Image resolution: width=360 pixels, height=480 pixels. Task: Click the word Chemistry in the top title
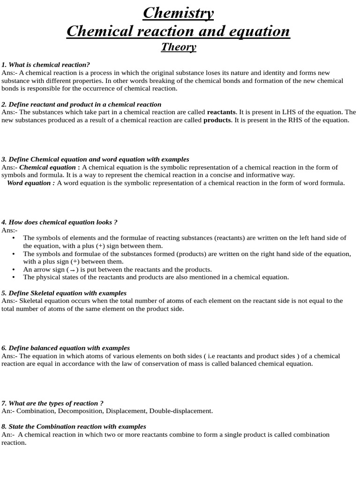pos(178,13)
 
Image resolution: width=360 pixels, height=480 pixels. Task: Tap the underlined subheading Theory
pos(179,47)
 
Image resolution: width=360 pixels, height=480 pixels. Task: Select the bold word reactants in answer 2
pos(221,112)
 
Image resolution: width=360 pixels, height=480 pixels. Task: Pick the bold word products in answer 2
pos(217,120)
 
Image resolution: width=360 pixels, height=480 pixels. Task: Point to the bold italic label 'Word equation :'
pos(31,183)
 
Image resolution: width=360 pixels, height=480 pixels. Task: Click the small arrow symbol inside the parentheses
pos(73,270)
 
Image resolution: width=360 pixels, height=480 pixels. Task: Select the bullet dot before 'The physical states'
pos(13,277)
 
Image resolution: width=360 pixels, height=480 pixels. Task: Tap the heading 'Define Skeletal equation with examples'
pos(64,293)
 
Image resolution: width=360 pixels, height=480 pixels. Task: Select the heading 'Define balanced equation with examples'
pos(66,348)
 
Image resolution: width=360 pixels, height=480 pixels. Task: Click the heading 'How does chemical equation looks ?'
pos(59,222)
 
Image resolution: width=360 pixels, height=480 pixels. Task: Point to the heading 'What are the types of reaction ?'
pos(52,403)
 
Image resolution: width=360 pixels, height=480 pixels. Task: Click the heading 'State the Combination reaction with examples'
pos(74,427)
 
